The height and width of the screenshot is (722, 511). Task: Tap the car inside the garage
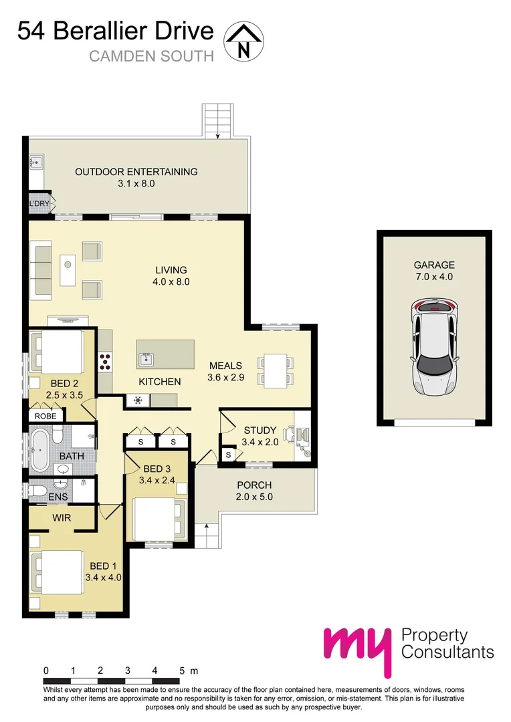pos(434,347)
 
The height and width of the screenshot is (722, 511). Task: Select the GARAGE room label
pos(433,265)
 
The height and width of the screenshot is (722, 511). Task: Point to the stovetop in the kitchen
pos(105,361)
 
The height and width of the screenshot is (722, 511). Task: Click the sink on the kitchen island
pos(146,360)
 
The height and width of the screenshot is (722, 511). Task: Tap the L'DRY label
pos(38,204)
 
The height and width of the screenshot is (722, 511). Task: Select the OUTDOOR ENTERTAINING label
pos(136,172)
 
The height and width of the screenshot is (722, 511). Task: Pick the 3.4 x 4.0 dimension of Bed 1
pos(103,578)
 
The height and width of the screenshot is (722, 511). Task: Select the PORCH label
pos(255,485)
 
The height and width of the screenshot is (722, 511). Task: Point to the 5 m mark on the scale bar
pos(181,670)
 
